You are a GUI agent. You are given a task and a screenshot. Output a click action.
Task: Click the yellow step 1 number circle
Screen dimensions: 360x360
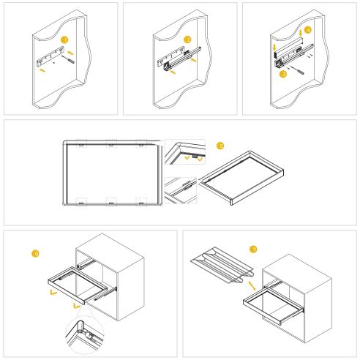click(64, 40)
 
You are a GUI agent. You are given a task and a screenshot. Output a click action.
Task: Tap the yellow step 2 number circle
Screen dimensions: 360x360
click(187, 40)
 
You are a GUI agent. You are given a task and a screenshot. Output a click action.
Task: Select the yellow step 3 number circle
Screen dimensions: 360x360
click(283, 74)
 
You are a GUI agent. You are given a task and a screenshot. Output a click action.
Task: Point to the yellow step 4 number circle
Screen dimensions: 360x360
click(308, 30)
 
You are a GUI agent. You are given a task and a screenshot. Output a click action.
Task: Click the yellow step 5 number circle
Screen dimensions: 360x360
click(220, 146)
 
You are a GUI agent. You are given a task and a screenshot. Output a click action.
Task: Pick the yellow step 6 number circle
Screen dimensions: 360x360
click(35, 254)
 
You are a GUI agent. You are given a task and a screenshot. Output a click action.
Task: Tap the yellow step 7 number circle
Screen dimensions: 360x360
click(253, 250)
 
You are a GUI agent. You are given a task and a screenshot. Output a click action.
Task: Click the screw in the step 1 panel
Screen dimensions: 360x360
click(71, 61)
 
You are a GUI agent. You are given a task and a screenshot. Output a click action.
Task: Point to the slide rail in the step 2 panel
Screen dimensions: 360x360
click(176, 55)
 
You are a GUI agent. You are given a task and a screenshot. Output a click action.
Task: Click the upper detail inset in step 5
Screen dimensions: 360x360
click(184, 152)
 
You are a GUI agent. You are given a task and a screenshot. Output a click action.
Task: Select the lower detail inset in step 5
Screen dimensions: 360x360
click(180, 190)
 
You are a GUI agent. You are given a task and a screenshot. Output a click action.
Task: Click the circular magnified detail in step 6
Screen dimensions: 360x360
click(84, 335)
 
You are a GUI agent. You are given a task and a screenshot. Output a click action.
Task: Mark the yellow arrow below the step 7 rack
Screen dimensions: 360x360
click(251, 284)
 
